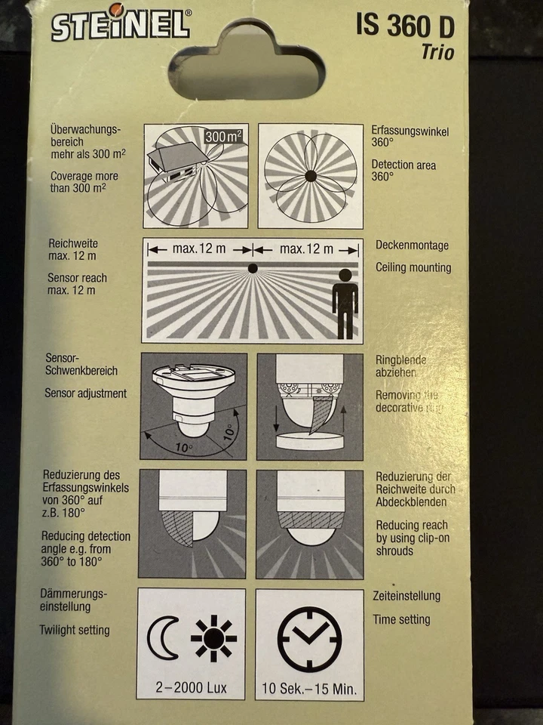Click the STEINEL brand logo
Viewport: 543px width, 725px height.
[x=121, y=23]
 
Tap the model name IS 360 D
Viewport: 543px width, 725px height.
[x=405, y=27]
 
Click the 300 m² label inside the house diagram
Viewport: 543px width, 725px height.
[x=224, y=137]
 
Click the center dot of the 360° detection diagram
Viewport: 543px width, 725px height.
[x=310, y=176]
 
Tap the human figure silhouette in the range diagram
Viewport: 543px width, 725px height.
[x=345, y=303]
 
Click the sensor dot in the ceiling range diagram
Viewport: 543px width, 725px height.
[x=253, y=268]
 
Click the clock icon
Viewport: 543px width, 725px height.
[x=309, y=639]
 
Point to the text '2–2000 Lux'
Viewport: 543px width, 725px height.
[x=192, y=689]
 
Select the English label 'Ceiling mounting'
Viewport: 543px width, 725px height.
[x=413, y=268]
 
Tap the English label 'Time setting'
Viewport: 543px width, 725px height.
[x=401, y=620]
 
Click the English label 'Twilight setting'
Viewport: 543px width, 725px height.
[x=74, y=630]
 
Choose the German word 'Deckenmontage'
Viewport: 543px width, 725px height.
[x=412, y=245]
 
